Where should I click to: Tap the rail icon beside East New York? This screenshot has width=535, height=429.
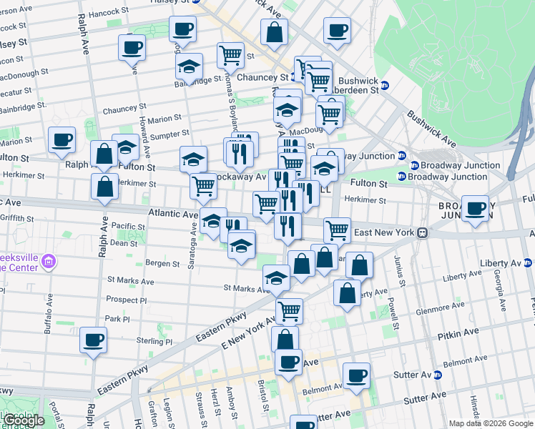(423, 232)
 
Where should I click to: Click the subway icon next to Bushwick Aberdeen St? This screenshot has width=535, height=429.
(384, 85)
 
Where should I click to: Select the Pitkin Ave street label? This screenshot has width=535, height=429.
(458, 332)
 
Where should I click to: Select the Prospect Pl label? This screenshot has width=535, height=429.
(126, 300)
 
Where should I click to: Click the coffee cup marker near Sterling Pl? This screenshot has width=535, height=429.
(93, 340)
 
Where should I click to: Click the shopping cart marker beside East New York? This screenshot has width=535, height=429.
(337, 230)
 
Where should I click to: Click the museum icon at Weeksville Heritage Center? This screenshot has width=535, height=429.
(49, 261)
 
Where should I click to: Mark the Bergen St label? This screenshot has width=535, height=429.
(162, 264)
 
